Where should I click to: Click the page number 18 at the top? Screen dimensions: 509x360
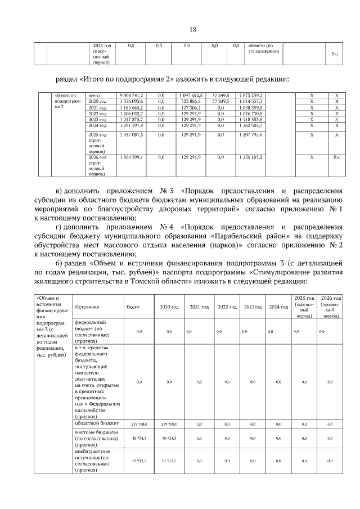click(x=192, y=29)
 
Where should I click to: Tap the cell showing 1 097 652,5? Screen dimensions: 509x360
click(x=191, y=96)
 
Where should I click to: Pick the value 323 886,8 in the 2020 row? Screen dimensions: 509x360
click(x=191, y=101)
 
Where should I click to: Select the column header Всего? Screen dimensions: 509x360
click(x=133, y=307)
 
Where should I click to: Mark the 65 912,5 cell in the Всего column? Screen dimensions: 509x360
click(x=139, y=461)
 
